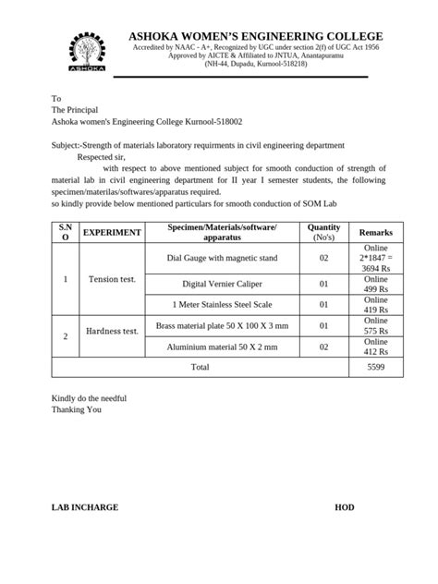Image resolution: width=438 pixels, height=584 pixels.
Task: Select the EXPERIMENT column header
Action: [112, 233]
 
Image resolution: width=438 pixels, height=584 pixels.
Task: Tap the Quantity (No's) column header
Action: [323, 233]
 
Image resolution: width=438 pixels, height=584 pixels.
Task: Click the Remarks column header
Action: [375, 233]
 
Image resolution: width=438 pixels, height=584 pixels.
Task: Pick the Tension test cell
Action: [112, 279]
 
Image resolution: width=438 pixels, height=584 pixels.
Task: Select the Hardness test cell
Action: [112, 331]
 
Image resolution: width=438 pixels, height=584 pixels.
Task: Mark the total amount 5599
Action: [375, 367]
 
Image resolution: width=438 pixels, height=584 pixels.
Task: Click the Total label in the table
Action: [200, 367]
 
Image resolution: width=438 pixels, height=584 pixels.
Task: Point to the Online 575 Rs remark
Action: [375, 325]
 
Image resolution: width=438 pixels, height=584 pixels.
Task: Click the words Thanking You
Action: [76, 408]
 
